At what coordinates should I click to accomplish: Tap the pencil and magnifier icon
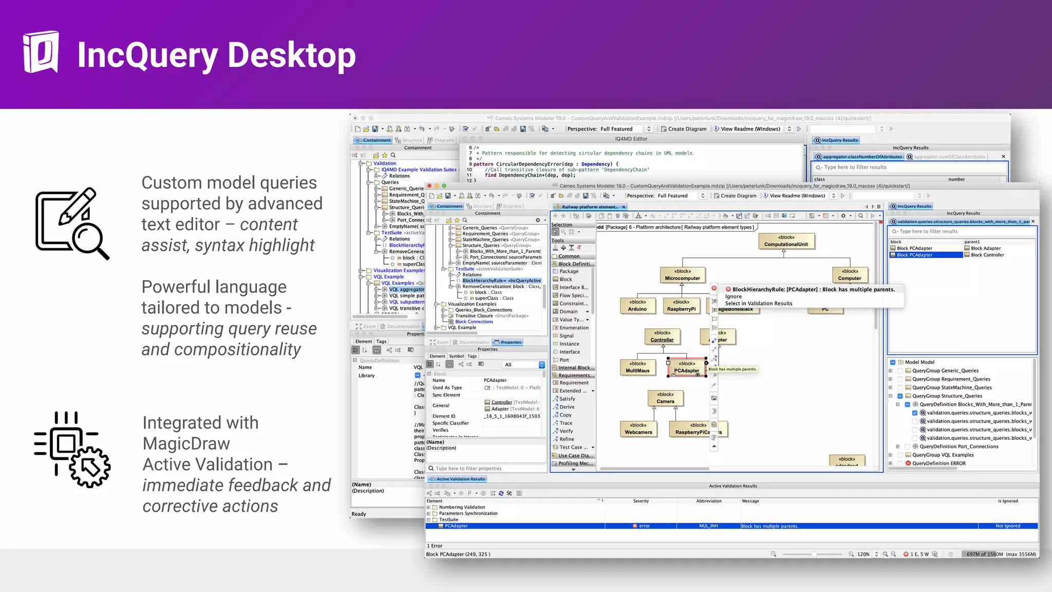[x=72, y=224]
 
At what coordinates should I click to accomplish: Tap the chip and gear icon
[x=72, y=449]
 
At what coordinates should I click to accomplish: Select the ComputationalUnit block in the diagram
[x=785, y=241]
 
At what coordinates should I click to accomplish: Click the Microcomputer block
[x=682, y=275]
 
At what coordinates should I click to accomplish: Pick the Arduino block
[x=637, y=306]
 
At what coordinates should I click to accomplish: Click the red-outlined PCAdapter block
[x=686, y=367]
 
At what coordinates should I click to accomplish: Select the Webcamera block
[x=638, y=429]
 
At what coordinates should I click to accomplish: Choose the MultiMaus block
[x=637, y=367]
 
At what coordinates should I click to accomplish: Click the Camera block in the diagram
[x=665, y=398]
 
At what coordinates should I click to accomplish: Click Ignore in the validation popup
[x=733, y=297]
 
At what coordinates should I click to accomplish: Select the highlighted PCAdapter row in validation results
[x=456, y=526]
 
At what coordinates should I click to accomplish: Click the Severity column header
[x=641, y=501]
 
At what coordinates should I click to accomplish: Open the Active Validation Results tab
[x=460, y=479]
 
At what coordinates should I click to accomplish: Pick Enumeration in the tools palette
[x=574, y=328]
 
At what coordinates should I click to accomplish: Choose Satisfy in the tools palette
[x=567, y=399]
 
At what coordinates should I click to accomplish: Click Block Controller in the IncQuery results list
[x=987, y=255]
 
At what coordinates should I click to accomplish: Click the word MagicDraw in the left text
[x=186, y=443]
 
